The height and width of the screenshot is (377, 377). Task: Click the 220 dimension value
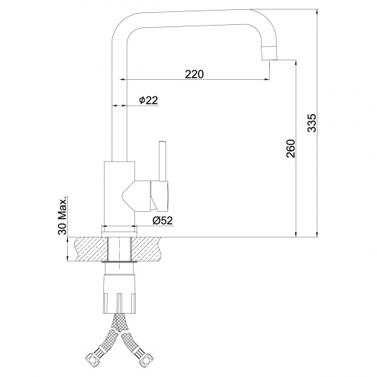pyautogui.click(x=194, y=74)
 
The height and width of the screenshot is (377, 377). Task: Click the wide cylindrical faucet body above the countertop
pyautogui.click(x=118, y=192)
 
